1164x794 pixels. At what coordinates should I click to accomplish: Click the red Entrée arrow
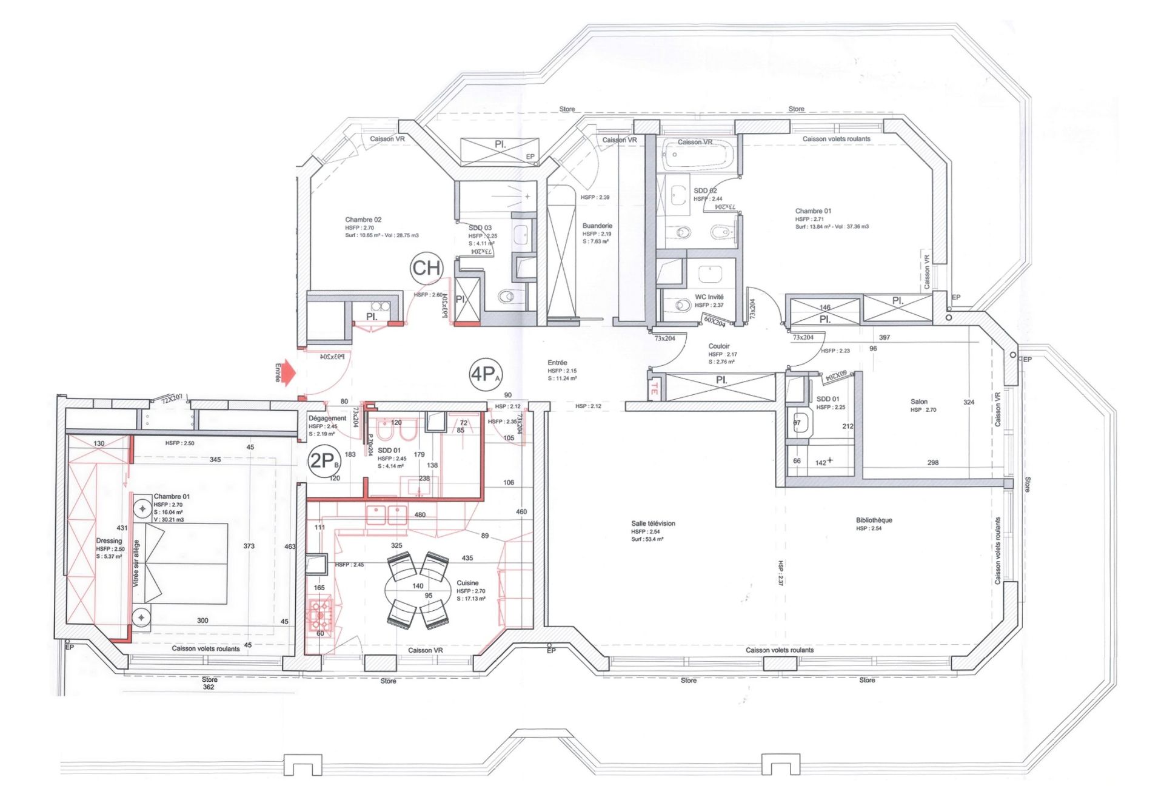[x=287, y=372]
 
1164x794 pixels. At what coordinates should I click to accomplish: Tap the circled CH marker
[x=427, y=268]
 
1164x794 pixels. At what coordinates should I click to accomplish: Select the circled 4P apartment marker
[x=486, y=374]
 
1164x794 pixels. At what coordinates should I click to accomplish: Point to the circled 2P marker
[x=324, y=461]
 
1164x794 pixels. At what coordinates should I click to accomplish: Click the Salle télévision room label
[x=653, y=523]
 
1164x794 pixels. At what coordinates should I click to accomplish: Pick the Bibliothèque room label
[x=874, y=520]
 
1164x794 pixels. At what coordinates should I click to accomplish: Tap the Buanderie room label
[x=597, y=226]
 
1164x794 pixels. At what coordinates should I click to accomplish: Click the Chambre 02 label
[x=363, y=220]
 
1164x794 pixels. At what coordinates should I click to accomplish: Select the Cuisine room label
[x=467, y=583]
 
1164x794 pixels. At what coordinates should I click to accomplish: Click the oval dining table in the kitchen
[x=418, y=590]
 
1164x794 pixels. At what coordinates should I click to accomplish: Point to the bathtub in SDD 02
[x=698, y=155]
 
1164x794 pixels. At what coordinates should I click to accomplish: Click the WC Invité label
[x=709, y=297]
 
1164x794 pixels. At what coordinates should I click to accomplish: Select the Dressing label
[x=109, y=541]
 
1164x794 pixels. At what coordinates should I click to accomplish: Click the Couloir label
[x=719, y=346]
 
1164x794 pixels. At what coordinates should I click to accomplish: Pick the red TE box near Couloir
[x=654, y=389]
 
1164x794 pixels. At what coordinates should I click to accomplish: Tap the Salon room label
[x=918, y=402]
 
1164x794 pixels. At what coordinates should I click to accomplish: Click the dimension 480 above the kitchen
[x=420, y=515]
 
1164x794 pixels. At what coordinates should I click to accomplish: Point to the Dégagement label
[x=327, y=419]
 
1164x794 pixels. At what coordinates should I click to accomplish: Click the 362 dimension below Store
[x=208, y=687]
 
